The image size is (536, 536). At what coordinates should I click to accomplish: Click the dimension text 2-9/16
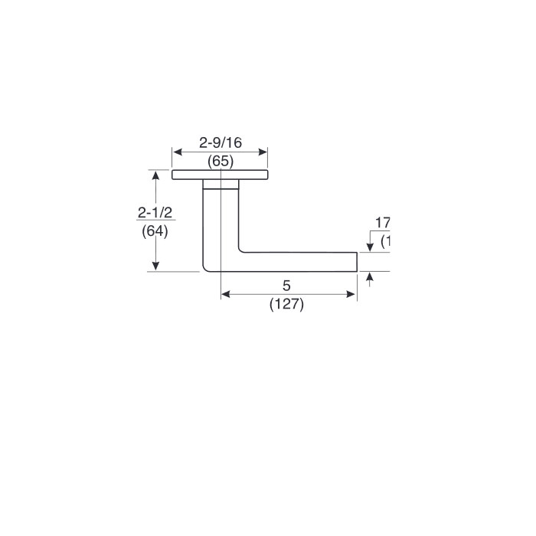(220, 142)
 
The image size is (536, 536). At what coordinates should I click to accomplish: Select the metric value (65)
(221, 161)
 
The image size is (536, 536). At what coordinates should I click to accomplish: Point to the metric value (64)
(155, 230)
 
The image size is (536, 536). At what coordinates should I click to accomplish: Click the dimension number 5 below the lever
(286, 286)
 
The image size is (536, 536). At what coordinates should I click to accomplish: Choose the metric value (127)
(287, 304)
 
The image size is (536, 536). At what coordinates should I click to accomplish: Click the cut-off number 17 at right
(382, 223)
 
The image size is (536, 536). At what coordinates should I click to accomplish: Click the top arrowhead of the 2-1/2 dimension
(156, 175)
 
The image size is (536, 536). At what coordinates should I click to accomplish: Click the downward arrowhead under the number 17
(370, 246)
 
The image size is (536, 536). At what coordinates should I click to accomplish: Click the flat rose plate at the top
(221, 175)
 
